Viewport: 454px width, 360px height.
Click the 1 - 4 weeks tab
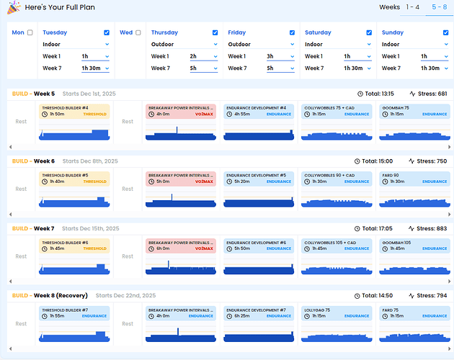pos(413,7)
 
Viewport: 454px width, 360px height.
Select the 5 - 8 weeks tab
pos(437,7)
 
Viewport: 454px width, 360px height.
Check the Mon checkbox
pos(30,32)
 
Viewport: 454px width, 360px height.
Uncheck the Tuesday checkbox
pos(107,32)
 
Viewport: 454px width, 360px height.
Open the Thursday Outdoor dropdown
pos(184,44)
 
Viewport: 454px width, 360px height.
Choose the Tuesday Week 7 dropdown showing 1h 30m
pos(95,68)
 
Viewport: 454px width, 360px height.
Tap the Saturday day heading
pos(319,32)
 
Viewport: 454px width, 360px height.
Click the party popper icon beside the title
pos(13,8)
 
